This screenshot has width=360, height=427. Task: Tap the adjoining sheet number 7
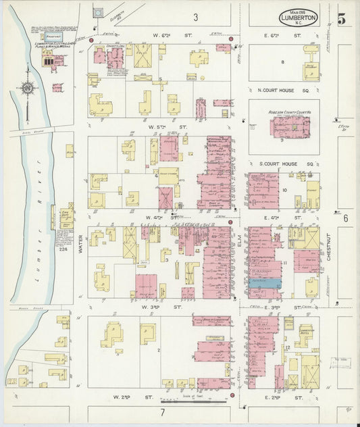pyautogui.click(x=162, y=411)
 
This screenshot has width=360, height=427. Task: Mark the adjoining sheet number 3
pyautogui.click(x=195, y=17)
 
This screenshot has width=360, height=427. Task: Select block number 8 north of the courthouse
pyautogui.click(x=283, y=61)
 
